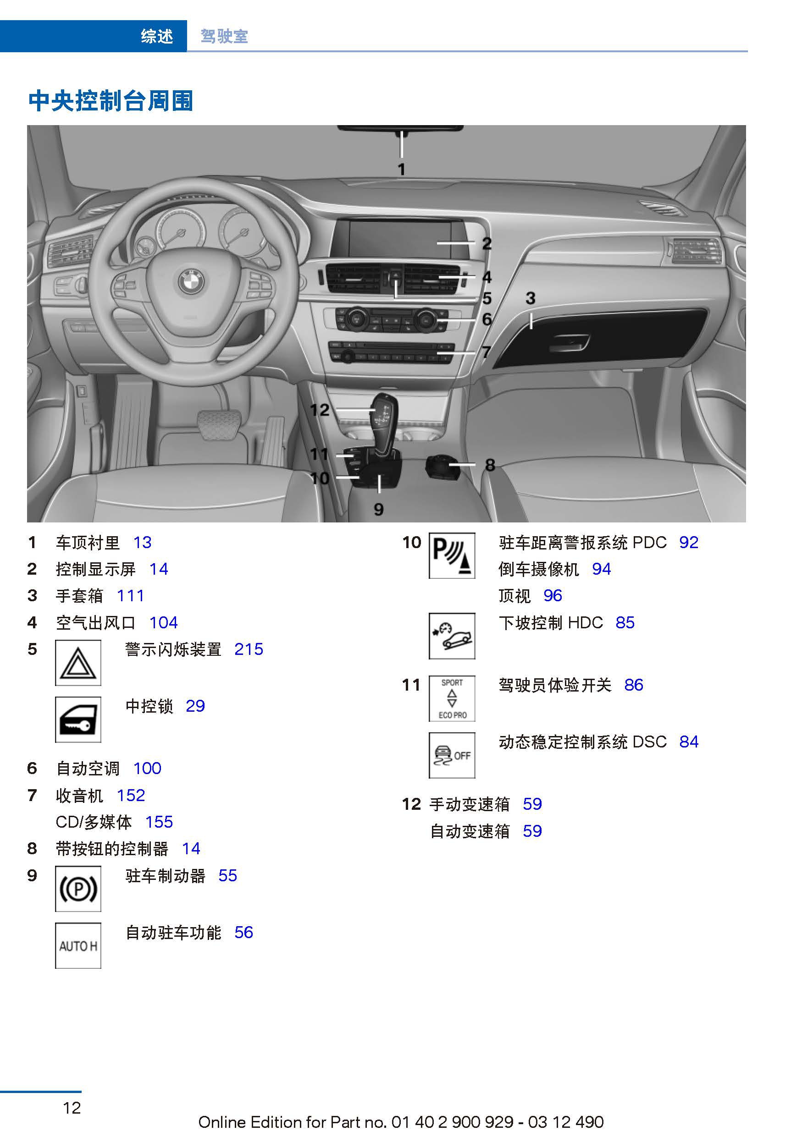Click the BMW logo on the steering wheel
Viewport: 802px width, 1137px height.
191,282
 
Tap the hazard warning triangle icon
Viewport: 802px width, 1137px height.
78,663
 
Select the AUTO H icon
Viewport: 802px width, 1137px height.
78,945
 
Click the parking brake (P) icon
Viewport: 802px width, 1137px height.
78,889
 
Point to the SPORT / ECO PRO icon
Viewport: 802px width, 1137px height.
452,698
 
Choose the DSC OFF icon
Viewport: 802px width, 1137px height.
452,755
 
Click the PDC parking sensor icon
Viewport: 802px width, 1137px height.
452,555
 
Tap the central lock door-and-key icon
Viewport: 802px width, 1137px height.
78,720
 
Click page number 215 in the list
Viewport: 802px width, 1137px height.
249,649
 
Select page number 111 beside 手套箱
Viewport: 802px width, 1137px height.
130,596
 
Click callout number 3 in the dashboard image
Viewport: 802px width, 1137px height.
531,298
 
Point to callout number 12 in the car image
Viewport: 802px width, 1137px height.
320,410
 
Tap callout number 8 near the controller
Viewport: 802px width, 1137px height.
490,465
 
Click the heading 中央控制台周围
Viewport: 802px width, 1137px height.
111,101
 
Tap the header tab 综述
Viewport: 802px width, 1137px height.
156,36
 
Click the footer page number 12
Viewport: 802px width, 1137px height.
72,1107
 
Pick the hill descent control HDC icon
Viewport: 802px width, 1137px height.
452,636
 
